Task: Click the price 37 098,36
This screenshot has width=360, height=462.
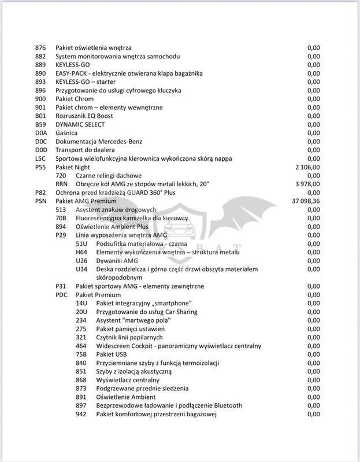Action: [306, 201]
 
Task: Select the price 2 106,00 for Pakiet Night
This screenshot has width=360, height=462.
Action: [307, 167]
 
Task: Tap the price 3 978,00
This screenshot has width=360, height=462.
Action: [307, 184]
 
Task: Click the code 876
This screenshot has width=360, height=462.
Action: [40, 47]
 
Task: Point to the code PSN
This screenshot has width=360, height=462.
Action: [40, 201]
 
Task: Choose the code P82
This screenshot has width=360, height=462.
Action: [40, 192]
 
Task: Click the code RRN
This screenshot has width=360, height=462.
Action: [61, 184]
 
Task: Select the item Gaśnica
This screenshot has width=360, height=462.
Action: [66, 132]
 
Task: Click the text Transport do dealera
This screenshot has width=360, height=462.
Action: [86, 150]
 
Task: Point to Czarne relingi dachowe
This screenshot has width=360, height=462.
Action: [109, 175]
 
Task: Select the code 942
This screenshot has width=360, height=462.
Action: [81, 414]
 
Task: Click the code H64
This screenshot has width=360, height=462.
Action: [81, 252]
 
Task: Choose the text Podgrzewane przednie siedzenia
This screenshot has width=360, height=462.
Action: [142, 389]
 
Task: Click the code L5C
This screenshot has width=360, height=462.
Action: [40, 158]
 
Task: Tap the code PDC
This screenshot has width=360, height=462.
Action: [61, 294]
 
